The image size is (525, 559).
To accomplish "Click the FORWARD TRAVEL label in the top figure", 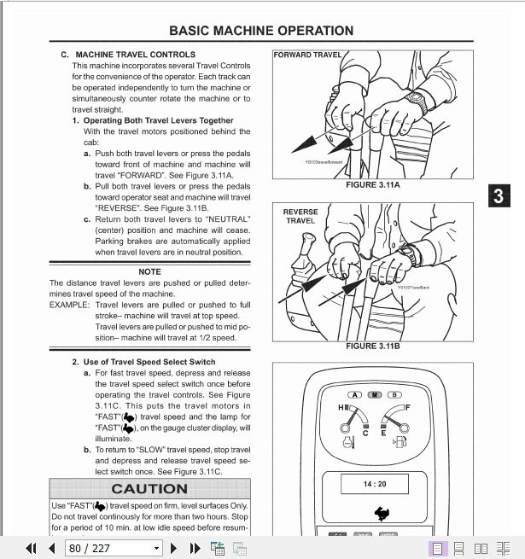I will [x=306, y=55].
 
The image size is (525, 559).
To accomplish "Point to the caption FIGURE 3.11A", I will [x=372, y=185].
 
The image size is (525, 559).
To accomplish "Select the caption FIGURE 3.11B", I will [x=372, y=346].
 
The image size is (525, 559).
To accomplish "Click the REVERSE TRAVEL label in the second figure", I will [x=300, y=216].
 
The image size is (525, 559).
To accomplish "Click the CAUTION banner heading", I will [x=149, y=489].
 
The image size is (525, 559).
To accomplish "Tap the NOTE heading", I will [x=149, y=272].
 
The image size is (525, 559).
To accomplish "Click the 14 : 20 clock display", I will [x=374, y=484].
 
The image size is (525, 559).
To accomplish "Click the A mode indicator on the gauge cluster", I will [x=354, y=395].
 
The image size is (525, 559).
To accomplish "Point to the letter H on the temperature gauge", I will [x=341, y=409].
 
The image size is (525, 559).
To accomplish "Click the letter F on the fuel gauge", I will [x=407, y=409].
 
